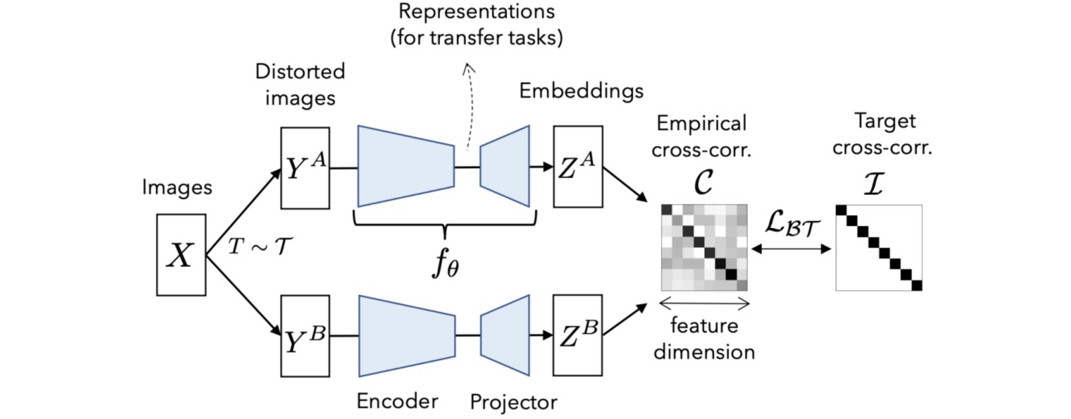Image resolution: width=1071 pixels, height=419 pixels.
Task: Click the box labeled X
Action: pos(181,255)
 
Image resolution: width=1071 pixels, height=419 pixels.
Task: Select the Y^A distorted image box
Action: pos(305,168)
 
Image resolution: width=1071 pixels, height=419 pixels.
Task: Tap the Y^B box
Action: pos(305,336)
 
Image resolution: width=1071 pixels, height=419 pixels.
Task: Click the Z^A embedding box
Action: pos(577,167)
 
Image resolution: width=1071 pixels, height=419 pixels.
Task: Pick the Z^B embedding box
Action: pos(577,336)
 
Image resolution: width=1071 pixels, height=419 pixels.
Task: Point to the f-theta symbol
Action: pos(445,265)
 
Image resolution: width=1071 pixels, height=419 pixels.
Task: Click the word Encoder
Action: pos(397,401)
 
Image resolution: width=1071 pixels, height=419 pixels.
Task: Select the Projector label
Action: pos(513,402)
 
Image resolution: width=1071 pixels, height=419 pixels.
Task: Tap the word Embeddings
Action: pos(581,91)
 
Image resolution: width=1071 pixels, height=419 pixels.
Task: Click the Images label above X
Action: pos(177,187)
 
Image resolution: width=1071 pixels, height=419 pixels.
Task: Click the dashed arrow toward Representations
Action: pos(470,103)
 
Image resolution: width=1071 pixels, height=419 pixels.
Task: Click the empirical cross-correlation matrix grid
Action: pos(704,247)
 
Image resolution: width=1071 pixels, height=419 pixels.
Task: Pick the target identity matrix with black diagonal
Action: pos(879,247)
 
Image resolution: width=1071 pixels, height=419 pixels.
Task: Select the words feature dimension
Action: pos(704,338)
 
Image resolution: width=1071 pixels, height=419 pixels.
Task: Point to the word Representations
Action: pos(477,11)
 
